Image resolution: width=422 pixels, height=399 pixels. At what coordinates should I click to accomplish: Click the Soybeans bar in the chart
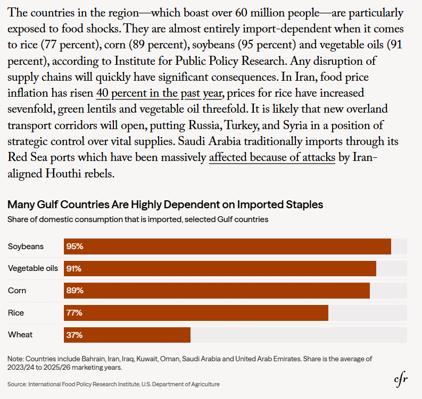[x=227, y=247]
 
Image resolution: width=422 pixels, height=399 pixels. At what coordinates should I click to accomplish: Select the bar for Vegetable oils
[x=220, y=268]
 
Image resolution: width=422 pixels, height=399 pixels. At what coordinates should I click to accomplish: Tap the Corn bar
[x=217, y=291]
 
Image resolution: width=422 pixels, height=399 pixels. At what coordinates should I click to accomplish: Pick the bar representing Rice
[x=196, y=313]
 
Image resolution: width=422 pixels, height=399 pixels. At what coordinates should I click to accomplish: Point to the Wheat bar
[x=127, y=335]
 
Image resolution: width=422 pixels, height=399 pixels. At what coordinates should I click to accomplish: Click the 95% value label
[x=75, y=247]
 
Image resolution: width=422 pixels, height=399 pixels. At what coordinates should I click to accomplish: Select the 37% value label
[x=75, y=335]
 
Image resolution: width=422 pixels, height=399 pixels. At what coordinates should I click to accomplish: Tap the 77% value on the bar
[x=75, y=313]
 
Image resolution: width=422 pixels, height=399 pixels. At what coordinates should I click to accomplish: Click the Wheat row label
[x=20, y=335]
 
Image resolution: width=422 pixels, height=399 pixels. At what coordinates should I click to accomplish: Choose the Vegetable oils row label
[x=33, y=268]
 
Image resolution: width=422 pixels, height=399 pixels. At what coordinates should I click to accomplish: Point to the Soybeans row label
[x=26, y=247]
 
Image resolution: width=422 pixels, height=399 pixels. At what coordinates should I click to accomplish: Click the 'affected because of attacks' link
[x=272, y=158]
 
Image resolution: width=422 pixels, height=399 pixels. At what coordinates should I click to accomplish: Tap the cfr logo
[x=401, y=379]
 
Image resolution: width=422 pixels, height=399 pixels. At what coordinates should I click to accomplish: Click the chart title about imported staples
[x=166, y=205]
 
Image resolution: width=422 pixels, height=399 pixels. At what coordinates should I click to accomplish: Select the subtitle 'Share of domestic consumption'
[x=138, y=219]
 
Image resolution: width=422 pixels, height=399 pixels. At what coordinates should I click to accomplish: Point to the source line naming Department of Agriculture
[x=113, y=384]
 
